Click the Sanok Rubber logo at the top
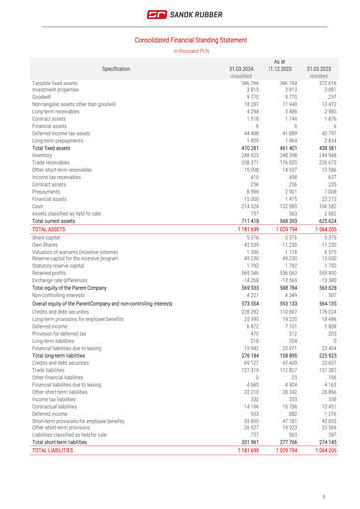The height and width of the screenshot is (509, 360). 180,16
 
